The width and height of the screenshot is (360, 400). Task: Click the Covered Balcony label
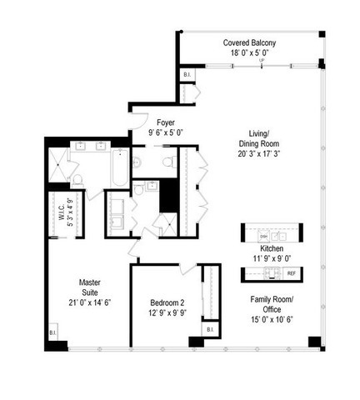tap(249, 42)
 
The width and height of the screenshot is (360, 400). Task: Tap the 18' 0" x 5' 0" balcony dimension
tap(249, 52)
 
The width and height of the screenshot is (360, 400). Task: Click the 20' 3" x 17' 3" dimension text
tap(257, 153)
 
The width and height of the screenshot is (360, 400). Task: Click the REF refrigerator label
tap(291, 273)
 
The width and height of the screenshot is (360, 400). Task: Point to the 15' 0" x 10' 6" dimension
tap(272, 320)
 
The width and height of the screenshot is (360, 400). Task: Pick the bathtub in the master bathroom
tap(119, 167)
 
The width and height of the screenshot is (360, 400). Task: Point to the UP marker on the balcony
tap(262, 61)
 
